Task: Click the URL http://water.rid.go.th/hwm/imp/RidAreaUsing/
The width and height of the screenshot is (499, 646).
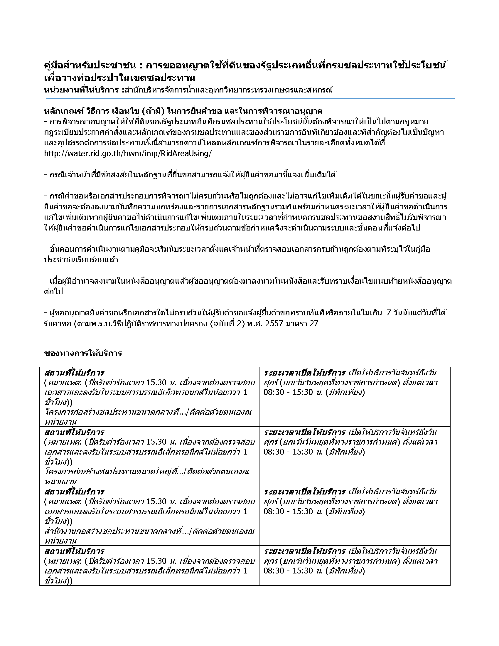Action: click(x=128, y=154)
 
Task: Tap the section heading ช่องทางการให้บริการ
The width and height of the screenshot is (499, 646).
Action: click(x=83, y=353)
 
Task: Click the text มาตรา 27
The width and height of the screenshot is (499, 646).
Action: click(x=302, y=323)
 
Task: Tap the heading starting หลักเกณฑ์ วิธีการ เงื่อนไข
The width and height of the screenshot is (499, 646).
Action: click(x=183, y=111)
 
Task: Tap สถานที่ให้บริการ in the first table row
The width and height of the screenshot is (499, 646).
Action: click(x=74, y=373)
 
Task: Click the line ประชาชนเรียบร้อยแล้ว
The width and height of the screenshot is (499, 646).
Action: click(x=81, y=260)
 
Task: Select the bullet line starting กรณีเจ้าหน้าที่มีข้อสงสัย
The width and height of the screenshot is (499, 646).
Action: click(x=191, y=175)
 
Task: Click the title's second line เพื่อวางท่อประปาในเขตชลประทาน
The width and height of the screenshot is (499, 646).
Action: click(x=119, y=78)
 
